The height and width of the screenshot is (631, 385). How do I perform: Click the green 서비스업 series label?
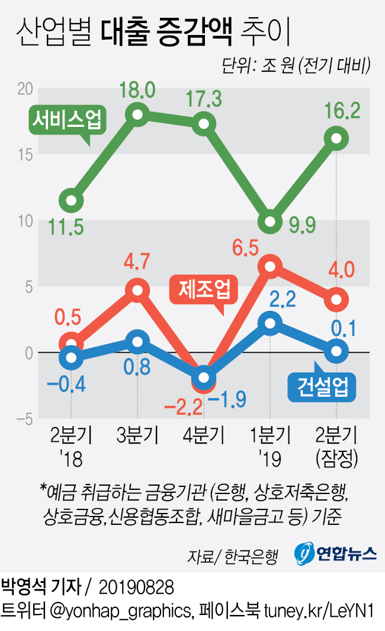pos(66,121)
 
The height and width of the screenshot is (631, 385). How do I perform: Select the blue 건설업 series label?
pos(323,387)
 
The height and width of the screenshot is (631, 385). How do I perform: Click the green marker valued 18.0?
pos(137,114)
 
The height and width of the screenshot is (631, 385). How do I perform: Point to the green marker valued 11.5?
pos(71,200)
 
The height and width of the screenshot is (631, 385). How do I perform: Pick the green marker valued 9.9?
pos(270,221)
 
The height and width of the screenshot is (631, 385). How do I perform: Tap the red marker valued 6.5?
pos(270,266)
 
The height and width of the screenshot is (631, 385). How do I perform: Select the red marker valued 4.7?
pos(137,290)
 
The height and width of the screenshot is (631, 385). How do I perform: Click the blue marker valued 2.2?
pos(270,323)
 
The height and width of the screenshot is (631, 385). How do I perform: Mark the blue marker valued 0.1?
pos(336,351)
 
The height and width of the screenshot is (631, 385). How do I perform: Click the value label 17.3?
pos(203,98)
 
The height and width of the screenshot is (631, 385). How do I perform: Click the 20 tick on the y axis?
pos(23,88)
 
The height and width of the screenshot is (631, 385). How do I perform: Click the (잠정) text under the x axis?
pos(336,457)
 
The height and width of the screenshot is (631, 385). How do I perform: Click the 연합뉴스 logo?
pos(336,553)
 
